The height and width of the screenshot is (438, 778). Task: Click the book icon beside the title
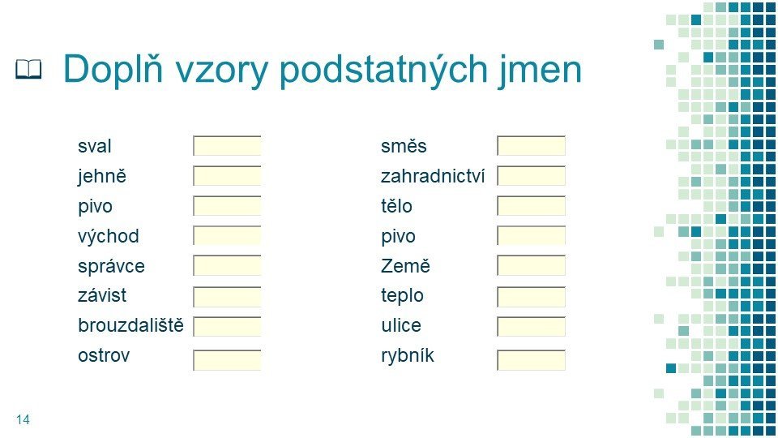point(28,69)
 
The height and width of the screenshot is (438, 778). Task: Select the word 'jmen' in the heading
point(540,70)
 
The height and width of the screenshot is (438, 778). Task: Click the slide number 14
point(23,419)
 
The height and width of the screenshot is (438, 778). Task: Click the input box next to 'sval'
point(227,146)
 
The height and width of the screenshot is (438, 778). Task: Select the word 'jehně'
point(102,176)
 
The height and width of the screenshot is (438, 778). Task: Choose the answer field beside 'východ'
point(227,236)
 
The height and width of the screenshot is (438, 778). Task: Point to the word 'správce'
point(111,266)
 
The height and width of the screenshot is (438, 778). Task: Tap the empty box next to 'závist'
point(227,297)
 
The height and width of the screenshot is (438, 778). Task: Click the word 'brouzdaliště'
point(130,325)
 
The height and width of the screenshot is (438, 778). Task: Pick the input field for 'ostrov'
point(227,360)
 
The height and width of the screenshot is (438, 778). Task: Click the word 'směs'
point(404,146)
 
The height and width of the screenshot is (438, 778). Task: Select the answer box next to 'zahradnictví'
point(531,176)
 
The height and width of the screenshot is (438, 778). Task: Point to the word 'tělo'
point(396,205)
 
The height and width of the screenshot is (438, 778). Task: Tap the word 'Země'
point(405,266)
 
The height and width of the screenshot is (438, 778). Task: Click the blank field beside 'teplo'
point(531,297)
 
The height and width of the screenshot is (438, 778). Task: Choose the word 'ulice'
point(401,325)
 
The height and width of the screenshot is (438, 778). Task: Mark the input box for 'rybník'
point(531,360)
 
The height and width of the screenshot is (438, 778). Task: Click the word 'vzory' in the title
point(221,71)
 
